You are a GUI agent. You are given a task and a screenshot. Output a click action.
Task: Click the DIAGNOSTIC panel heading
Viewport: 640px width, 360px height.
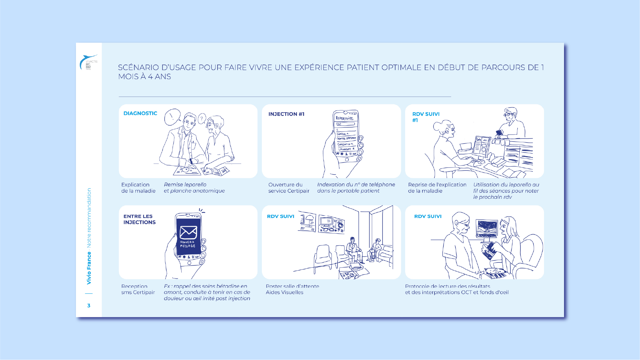point(140,113)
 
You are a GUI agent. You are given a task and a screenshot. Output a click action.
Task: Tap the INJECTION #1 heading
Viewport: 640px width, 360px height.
point(286,114)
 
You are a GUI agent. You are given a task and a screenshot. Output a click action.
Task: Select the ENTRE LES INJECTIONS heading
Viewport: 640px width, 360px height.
point(139,219)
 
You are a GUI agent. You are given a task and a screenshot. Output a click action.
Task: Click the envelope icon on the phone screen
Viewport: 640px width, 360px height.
point(188,232)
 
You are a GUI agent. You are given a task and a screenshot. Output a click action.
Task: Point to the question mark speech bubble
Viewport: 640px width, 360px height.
point(202,119)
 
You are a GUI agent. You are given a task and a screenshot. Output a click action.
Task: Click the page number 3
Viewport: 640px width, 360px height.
point(89,305)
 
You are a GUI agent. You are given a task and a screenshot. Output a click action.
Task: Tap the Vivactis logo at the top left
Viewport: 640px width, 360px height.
point(89,62)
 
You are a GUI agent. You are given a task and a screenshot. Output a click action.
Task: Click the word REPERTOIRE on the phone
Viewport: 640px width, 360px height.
point(344,118)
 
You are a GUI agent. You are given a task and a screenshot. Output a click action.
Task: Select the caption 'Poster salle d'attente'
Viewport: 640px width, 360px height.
point(292,286)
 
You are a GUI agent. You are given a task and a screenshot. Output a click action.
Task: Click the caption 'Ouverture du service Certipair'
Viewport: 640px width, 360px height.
point(289,187)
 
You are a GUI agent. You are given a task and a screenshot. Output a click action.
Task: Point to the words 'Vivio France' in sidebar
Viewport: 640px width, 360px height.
point(89,268)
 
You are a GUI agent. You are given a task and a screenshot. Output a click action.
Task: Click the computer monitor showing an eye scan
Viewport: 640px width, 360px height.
point(487,228)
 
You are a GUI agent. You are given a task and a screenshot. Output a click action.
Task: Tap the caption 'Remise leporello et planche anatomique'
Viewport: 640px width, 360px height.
point(194,187)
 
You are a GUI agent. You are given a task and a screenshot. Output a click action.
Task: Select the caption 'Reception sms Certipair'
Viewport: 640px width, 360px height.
point(138,289)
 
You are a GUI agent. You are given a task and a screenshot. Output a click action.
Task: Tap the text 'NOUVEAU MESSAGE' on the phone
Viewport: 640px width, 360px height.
point(188,244)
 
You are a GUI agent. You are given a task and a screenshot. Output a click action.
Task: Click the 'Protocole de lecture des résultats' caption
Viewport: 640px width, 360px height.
point(447,286)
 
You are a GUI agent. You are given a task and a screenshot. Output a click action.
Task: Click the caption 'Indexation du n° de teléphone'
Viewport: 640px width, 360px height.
point(356,184)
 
